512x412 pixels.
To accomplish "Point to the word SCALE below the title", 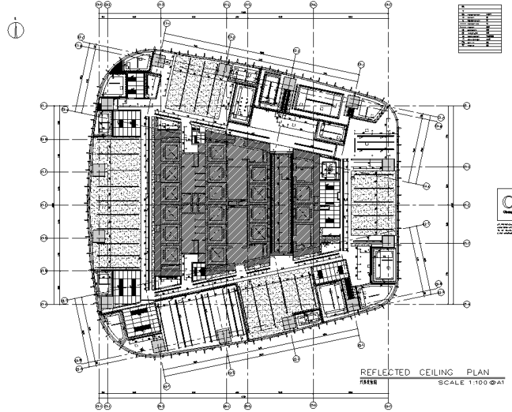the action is (x=452, y=383).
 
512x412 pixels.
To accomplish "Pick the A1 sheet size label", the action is (x=501, y=383).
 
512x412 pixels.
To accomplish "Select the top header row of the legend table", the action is (x=480, y=7).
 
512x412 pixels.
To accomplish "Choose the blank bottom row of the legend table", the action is (x=480, y=50).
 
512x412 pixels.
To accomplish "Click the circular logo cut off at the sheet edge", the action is (x=506, y=201).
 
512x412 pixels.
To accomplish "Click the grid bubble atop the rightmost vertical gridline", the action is (x=387, y=5).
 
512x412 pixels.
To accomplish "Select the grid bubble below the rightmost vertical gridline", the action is (x=387, y=406).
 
